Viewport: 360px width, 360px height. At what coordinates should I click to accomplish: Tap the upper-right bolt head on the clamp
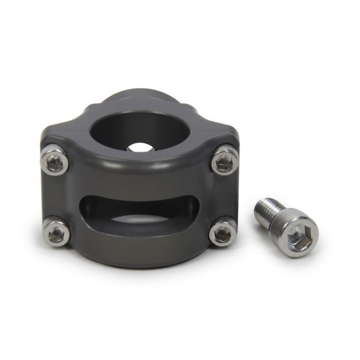pyautogui.click(x=224, y=161)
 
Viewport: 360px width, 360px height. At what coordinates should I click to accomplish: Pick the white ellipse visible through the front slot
pyautogui.click(x=139, y=222)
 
